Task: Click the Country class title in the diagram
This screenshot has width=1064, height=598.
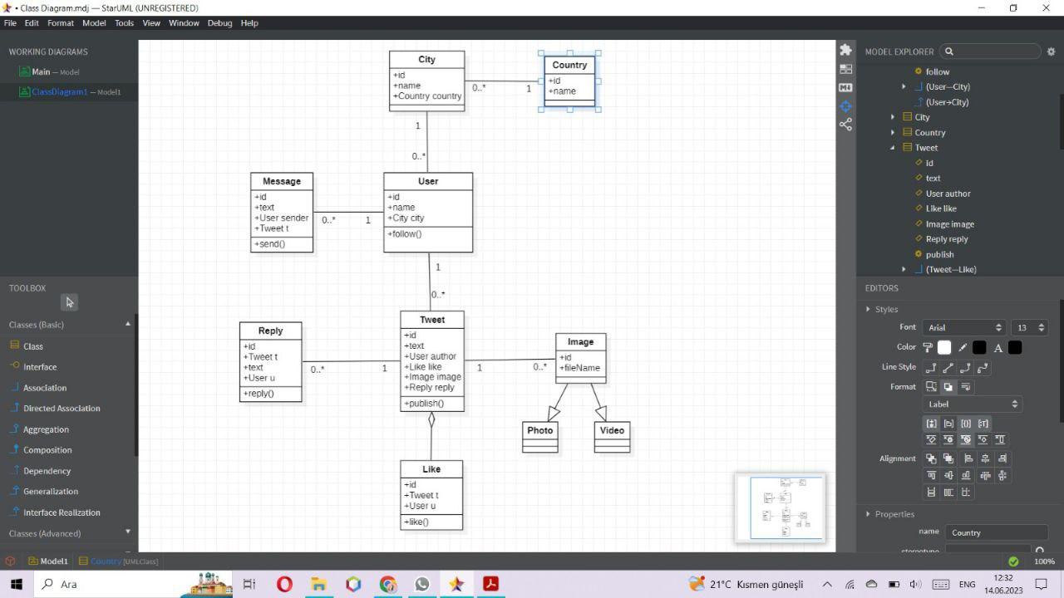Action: click(569, 65)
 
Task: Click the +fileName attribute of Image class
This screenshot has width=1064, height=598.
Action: click(580, 368)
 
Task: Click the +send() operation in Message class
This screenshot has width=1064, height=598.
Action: click(270, 244)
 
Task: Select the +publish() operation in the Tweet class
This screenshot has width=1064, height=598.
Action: click(424, 404)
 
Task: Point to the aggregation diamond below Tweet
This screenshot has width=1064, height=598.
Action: click(431, 419)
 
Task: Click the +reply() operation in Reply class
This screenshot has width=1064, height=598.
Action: click(259, 394)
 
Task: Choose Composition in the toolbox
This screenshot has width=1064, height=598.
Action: click(47, 450)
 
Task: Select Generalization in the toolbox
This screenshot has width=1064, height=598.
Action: click(51, 492)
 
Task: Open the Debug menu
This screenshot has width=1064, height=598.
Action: click(219, 23)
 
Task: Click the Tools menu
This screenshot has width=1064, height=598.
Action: click(124, 23)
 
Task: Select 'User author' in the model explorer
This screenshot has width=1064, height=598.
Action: click(948, 194)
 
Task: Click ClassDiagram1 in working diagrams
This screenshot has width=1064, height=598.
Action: click(59, 92)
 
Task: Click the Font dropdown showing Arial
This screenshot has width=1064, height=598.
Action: click(963, 327)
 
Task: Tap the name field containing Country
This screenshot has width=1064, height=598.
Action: click(995, 532)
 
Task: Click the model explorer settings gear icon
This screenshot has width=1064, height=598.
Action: click(1051, 51)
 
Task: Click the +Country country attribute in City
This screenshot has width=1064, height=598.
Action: click(427, 96)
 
